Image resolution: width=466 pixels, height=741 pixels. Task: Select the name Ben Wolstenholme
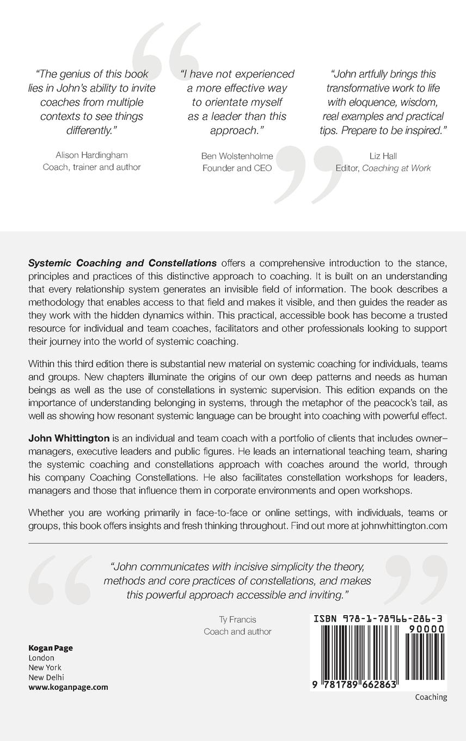(237, 156)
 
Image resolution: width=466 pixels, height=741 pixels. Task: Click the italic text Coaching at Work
(396, 168)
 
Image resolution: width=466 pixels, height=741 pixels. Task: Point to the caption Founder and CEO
(237, 168)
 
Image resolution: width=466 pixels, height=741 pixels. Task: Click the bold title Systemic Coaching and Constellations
(122, 263)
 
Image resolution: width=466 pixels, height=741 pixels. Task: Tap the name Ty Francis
(237, 619)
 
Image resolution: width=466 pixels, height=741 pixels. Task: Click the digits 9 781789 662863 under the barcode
(354, 685)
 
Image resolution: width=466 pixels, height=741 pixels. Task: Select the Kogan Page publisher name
(50, 648)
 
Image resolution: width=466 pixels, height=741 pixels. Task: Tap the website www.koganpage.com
(68, 687)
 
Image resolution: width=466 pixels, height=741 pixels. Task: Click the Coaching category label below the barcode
(431, 697)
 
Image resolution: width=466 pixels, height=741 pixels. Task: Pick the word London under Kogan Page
(41, 658)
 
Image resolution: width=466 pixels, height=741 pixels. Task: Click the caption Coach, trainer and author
(91, 168)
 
